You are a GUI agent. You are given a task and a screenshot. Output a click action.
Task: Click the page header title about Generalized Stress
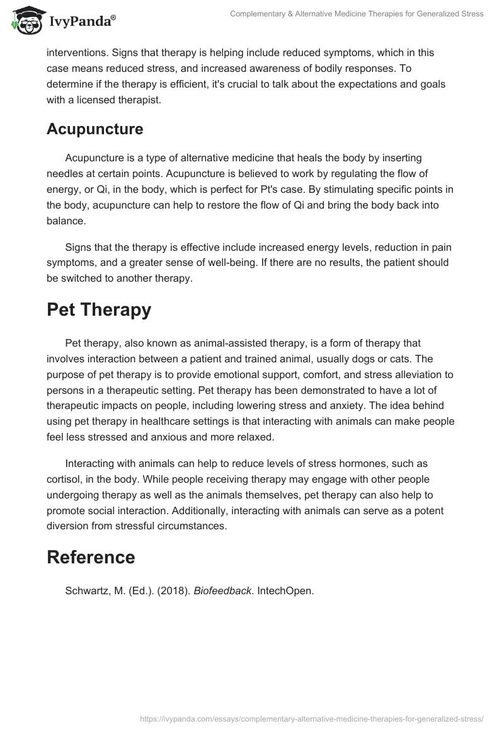coord(357,14)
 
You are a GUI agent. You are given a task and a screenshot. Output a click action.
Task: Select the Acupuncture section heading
coord(95,129)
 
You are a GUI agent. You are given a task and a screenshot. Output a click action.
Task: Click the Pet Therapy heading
coord(99,309)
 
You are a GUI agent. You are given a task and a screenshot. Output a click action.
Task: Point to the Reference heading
coord(91,557)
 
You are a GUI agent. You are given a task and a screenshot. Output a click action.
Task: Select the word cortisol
coord(64,479)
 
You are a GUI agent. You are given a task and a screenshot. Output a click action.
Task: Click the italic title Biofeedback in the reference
coord(223,591)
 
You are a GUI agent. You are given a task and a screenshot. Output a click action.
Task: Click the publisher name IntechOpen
coord(285,591)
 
